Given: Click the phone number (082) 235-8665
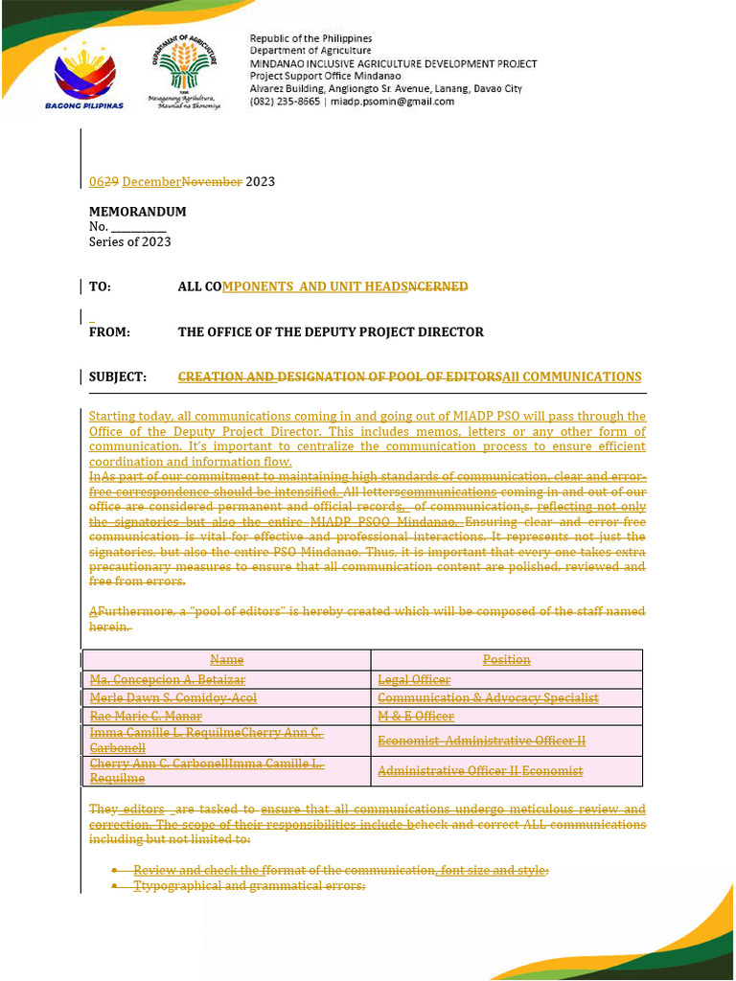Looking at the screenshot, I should click(285, 102).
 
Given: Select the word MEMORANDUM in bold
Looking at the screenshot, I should click(137, 212).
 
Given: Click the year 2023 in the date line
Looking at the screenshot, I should click(261, 182).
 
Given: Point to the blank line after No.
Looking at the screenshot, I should click(139, 227).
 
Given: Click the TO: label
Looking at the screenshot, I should click(100, 286).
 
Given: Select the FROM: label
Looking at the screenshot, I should click(109, 332).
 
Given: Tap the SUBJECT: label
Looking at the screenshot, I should click(118, 377).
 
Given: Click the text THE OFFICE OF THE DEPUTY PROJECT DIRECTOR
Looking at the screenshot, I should click(331, 332).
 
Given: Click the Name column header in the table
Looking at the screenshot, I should click(226, 660).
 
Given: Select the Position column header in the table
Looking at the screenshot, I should click(506, 660).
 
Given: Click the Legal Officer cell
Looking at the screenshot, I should click(414, 680).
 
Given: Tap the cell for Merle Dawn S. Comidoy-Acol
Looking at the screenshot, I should click(172, 698).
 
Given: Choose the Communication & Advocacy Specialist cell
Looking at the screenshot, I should click(488, 698).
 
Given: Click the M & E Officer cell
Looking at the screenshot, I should click(416, 717).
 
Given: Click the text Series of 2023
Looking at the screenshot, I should click(130, 242).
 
